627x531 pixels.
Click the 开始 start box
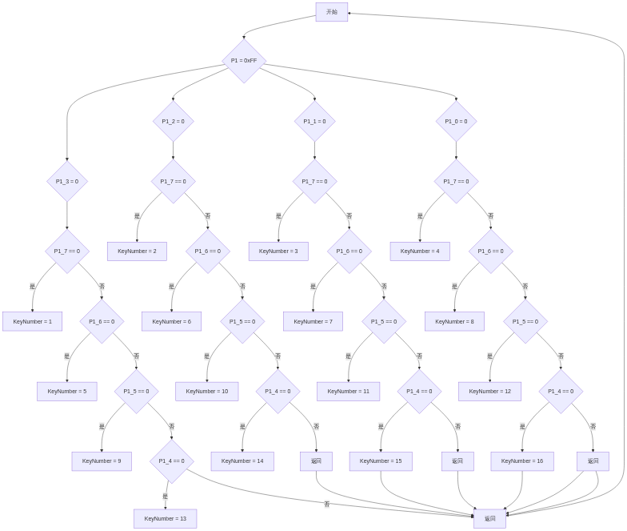[331, 12]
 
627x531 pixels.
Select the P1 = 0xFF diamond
[244, 61]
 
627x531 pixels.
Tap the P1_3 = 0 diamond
[67, 181]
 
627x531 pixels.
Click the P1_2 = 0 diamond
[173, 122]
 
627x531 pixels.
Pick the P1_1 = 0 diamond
[314, 122]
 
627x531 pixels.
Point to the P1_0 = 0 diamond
[456, 122]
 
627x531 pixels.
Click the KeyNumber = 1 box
[32, 321]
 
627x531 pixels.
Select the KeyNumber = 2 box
[137, 251]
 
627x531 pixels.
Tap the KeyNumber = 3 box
[278, 251]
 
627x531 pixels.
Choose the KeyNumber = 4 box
[420, 251]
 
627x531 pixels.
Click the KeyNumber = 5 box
[66, 392]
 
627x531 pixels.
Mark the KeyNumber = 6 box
[171, 321]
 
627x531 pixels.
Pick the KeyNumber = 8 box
[454, 321]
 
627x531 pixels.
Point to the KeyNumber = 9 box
[102, 461]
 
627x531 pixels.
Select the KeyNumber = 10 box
[206, 392]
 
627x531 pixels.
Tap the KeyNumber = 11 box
[348, 392]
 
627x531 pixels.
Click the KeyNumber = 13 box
[165, 519]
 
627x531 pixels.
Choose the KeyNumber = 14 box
[242, 461]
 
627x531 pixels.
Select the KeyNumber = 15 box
[381, 461]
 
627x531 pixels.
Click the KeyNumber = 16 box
[522, 461]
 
